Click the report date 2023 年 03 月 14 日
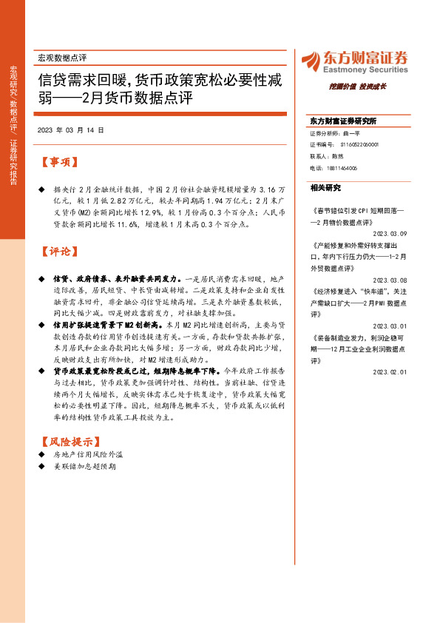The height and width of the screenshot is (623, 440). (x=70, y=130)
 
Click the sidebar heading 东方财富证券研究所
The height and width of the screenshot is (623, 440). (x=343, y=121)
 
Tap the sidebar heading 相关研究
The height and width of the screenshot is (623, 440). (x=325, y=188)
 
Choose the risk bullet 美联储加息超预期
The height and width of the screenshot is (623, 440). (x=83, y=468)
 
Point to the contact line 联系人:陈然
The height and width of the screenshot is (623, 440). (x=327, y=157)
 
